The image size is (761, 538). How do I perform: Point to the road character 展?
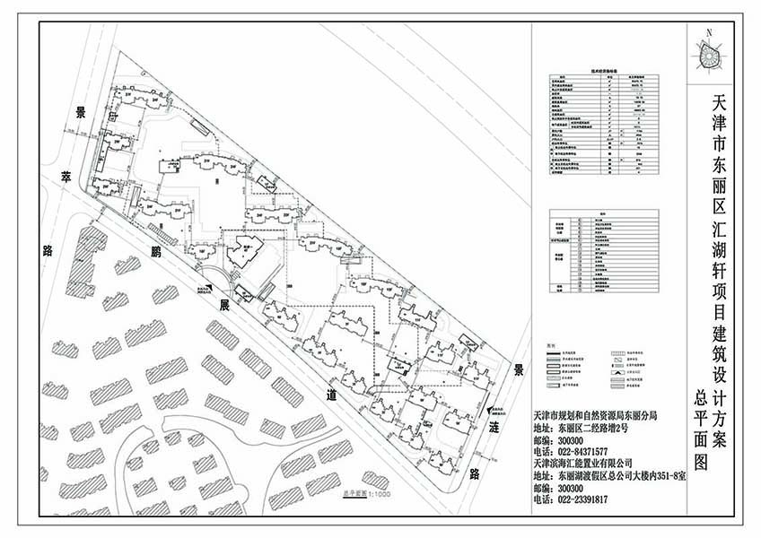(225, 304)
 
